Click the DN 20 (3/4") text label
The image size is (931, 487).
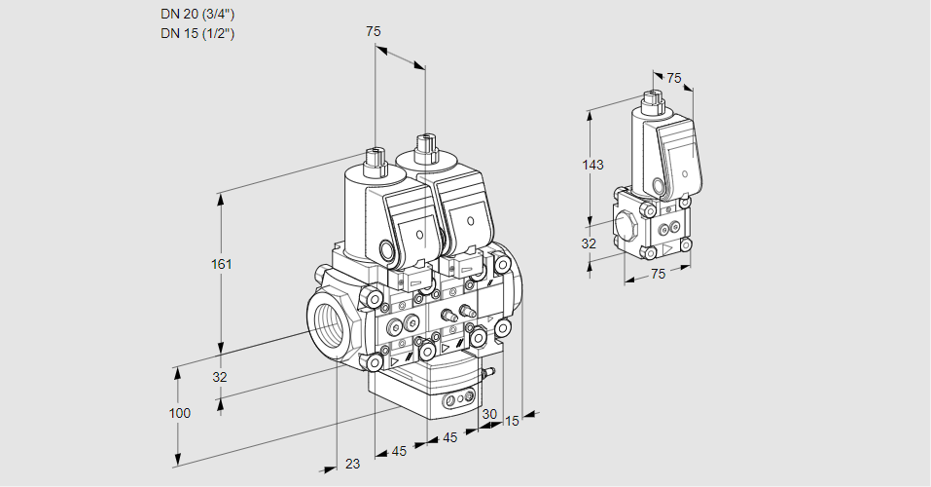pyautogui.click(x=198, y=14)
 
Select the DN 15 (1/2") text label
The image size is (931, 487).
pyautogui.click(x=198, y=33)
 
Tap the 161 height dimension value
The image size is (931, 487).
pyautogui.click(x=223, y=264)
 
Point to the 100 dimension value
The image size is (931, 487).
pyautogui.click(x=179, y=413)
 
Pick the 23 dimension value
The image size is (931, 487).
pyautogui.click(x=352, y=464)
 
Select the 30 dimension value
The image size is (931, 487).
pyautogui.click(x=488, y=414)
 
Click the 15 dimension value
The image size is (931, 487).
pyautogui.click(x=512, y=421)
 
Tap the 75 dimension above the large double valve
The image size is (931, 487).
pyautogui.click(x=374, y=32)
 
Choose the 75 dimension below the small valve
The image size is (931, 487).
pyautogui.click(x=658, y=274)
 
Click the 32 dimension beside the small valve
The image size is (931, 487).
pyautogui.click(x=589, y=243)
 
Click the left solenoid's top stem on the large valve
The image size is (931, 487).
pyautogui.click(x=375, y=156)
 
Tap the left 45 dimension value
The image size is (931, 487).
pyautogui.click(x=399, y=451)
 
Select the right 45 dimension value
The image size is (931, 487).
pyautogui.click(x=449, y=438)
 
